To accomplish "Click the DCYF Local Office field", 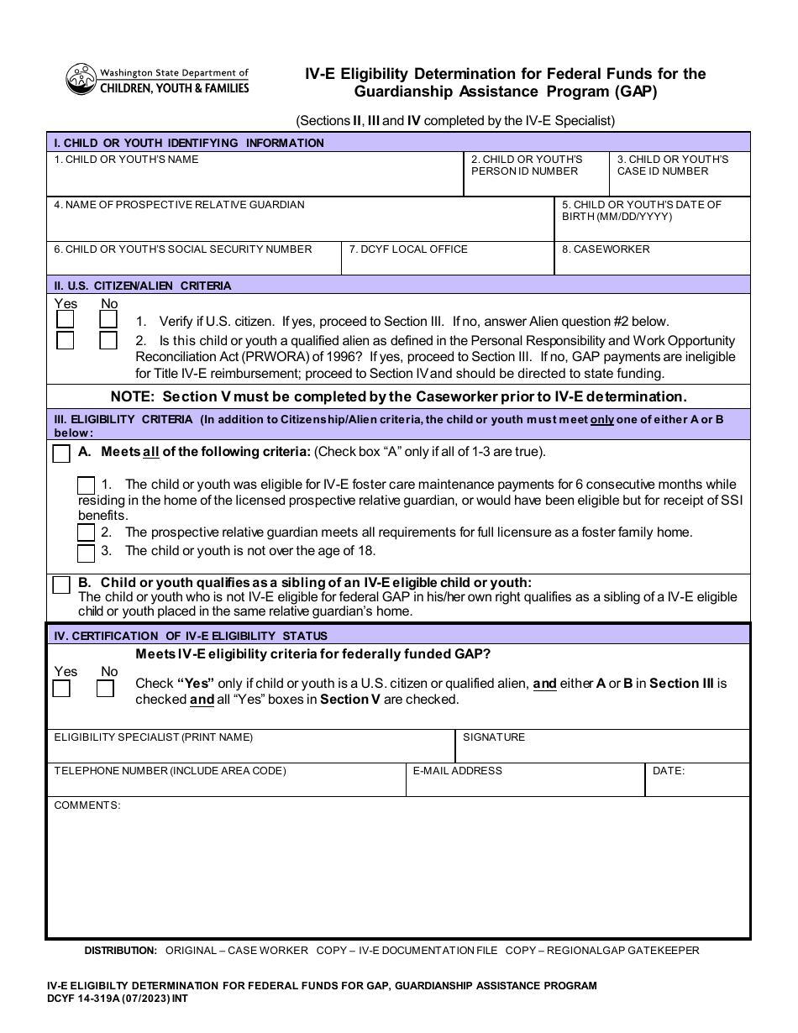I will pyautogui.click(x=447, y=263).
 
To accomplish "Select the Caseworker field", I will pyautogui.click(x=652, y=263).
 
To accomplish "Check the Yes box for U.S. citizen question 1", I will pyautogui.click(x=65, y=320).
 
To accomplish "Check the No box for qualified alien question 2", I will pyautogui.click(x=108, y=341).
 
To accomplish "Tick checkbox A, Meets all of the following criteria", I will pyautogui.click(x=61, y=454).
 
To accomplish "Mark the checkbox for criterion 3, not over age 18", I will pyautogui.click(x=86, y=553).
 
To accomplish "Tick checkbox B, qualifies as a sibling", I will pyautogui.click(x=61, y=585).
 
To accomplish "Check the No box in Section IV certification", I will pyautogui.click(x=106, y=690).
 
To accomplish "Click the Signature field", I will pyautogui.click(x=602, y=750).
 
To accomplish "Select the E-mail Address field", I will pyautogui.click(x=525, y=784).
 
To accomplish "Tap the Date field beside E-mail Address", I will pyautogui.click(x=696, y=784).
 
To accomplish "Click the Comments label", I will pyautogui.click(x=87, y=805).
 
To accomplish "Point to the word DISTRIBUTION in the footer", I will pyautogui.click(x=121, y=951).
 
